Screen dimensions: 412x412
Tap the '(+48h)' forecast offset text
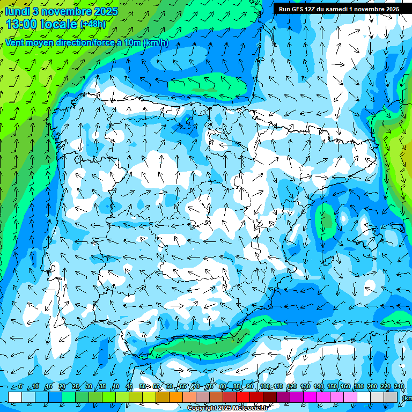pos(93,24)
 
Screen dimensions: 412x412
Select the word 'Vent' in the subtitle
pos(15,42)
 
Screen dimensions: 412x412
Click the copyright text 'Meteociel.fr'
pos(250,408)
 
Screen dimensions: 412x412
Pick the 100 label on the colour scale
pos(265,387)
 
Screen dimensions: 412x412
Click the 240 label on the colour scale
pos(399,387)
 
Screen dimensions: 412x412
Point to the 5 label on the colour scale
pos(20,387)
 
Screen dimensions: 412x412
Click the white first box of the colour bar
pos(15,397)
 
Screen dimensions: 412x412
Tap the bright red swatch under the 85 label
pos(243,397)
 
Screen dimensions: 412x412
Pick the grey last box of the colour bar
pos(391,397)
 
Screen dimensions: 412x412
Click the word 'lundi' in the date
pos(18,11)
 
